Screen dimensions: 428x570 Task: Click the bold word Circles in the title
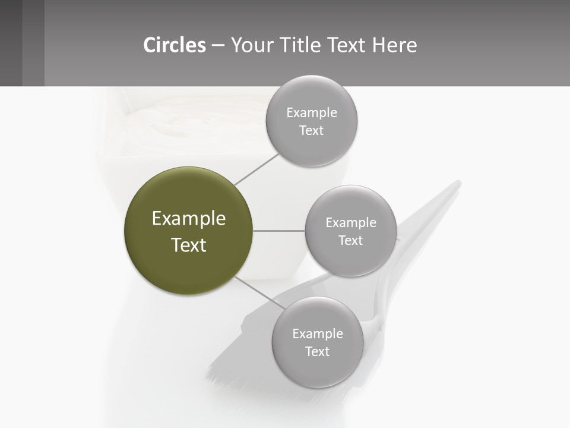point(175,45)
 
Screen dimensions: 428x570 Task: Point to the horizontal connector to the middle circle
point(279,231)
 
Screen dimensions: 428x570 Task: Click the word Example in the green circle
point(189,219)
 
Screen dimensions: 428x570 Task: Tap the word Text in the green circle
point(189,245)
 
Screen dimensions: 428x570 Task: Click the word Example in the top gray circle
point(312,113)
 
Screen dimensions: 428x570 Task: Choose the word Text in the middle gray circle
point(350,241)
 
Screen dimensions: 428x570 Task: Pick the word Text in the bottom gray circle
point(317,352)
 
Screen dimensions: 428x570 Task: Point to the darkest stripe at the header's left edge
point(11,43)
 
